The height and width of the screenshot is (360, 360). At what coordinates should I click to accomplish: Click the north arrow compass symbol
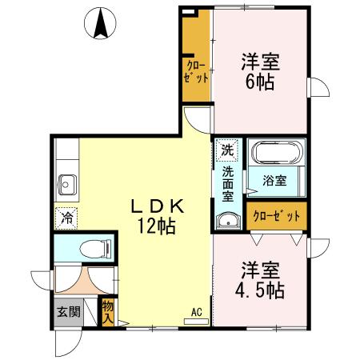click(102, 23)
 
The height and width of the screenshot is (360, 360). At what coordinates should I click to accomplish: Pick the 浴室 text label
click(275, 181)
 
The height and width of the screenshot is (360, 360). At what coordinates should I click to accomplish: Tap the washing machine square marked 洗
click(227, 149)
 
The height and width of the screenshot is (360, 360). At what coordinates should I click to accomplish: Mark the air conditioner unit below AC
click(196, 322)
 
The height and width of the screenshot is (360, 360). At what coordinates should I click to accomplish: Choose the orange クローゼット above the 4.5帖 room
click(277, 216)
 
